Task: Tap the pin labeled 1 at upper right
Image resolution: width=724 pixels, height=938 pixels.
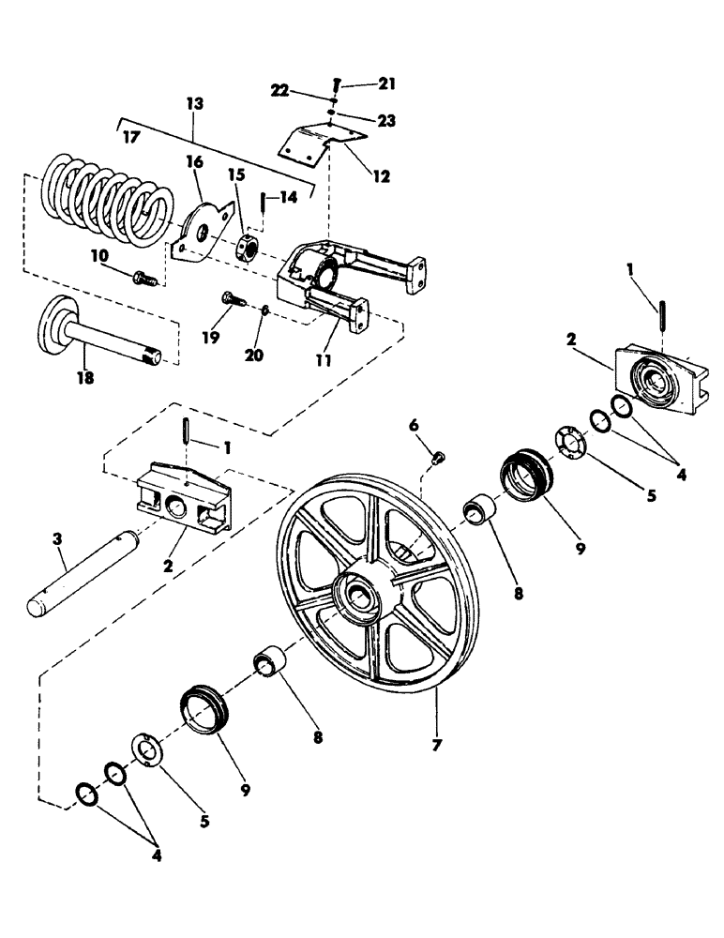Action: coord(663,313)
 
